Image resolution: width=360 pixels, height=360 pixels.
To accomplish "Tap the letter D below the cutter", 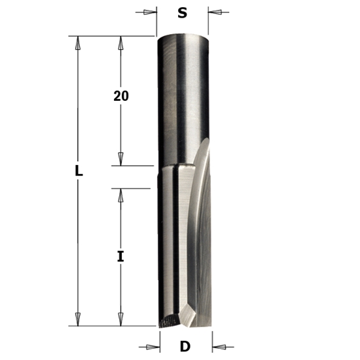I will pos(186,346).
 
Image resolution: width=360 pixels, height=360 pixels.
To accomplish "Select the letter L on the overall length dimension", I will pos(78,171).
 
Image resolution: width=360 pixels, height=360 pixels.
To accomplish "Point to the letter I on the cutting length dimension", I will pos(120,257).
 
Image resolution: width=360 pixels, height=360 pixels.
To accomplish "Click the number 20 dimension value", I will pos(120,96).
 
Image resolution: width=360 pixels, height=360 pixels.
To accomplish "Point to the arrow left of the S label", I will pos(149,11).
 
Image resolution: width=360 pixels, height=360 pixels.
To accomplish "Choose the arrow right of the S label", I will pos(216,11).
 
